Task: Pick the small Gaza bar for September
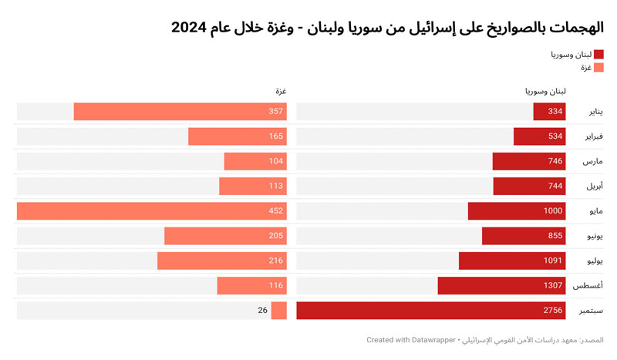279,311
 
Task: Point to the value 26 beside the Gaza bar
262,311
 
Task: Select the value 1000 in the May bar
552,210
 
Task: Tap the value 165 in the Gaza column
276,136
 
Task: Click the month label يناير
591,112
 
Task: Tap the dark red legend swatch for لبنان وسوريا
598,55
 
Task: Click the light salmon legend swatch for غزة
598,68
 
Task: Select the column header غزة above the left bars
282,92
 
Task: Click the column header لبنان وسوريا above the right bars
545,92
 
